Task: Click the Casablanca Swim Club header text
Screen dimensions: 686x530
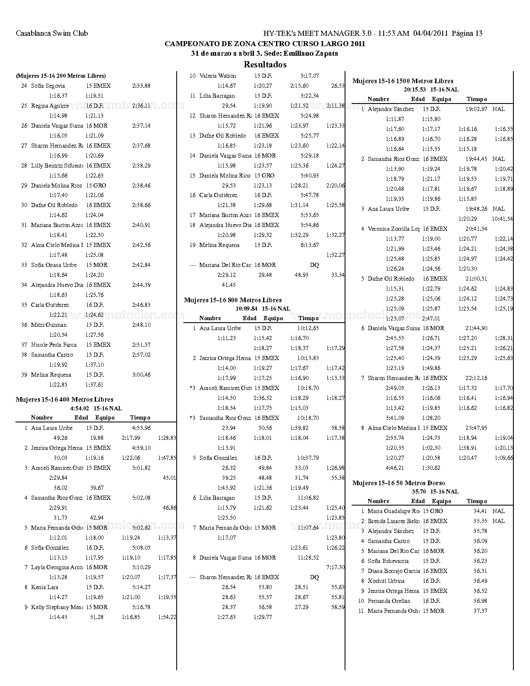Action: (52, 33)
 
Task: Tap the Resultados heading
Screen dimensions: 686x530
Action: (265, 64)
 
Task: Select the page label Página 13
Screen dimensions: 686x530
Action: (467, 33)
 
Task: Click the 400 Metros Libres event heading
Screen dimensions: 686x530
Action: (64, 400)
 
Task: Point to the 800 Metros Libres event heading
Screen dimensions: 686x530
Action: (233, 300)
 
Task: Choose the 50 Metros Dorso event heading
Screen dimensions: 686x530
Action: (399, 483)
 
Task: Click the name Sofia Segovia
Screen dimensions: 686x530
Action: (48, 86)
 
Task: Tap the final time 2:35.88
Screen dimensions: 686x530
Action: (141, 86)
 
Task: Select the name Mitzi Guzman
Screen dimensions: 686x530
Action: (49, 325)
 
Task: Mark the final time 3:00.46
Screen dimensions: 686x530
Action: (141, 375)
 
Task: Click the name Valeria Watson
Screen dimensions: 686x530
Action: (218, 76)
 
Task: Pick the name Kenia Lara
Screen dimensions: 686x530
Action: (44, 587)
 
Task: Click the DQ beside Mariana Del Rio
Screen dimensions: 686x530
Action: (315, 265)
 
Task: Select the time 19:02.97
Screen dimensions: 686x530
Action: (476, 109)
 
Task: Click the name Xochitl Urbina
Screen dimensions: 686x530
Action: (386, 581)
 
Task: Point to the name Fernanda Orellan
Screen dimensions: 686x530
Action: (389, 601)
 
